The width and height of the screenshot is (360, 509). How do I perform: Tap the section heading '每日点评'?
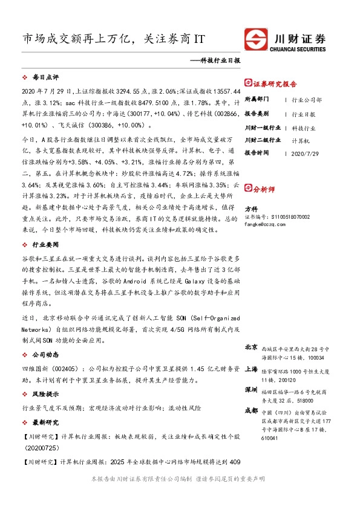[x=45, y=78]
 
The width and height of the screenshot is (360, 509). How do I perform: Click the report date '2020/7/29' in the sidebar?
[x=304, y=153]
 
